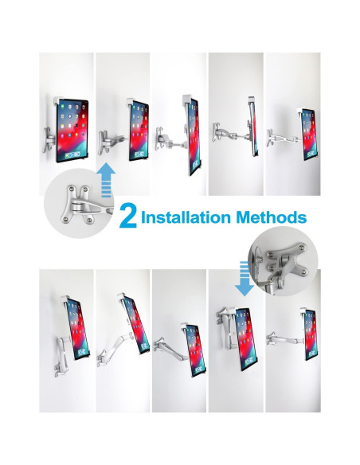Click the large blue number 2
(127, 217)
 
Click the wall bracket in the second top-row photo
(104, 143)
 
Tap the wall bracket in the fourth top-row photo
(216, 132)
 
